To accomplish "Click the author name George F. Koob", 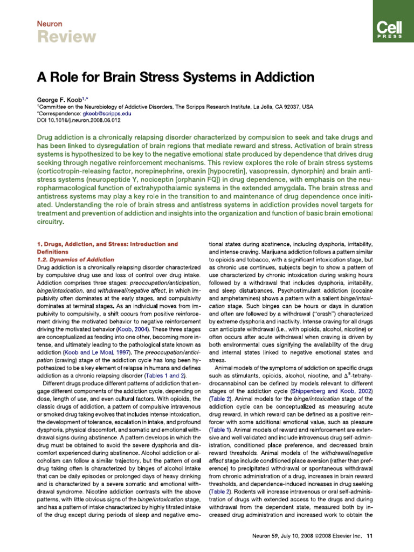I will click(x=64, y=100).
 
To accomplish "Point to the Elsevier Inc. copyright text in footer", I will click(x=341, y=535).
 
